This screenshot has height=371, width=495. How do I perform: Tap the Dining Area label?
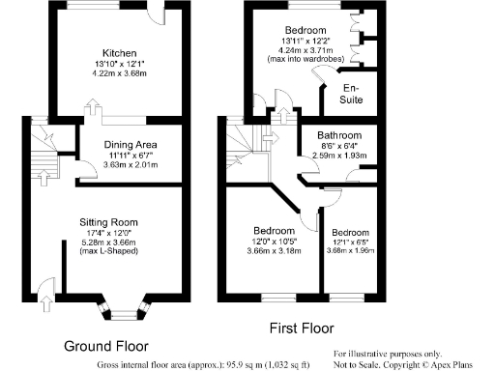click(x=131, y=145)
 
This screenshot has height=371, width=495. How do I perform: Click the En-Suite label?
click(x=352, y=94)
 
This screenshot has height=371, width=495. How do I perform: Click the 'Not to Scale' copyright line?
click(x=406, y=364)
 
